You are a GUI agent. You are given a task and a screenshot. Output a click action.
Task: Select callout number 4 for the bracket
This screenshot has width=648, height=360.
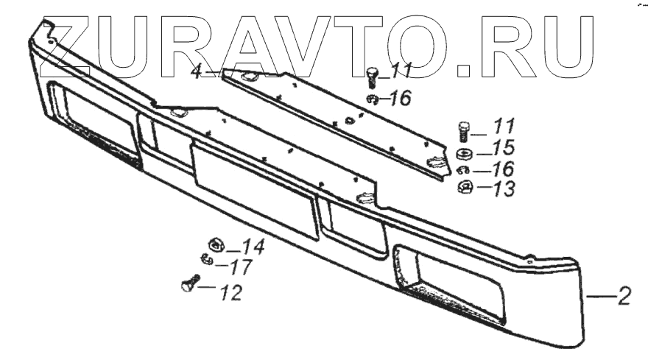click(x=196, y=71)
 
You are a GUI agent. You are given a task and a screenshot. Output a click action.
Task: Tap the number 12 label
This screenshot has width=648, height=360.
click(x=230, y=292)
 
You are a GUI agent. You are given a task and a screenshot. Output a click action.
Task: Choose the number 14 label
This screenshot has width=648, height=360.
click(x=253, y=247)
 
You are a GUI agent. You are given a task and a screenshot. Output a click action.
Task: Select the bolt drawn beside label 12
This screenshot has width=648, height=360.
click(x=189, y=283)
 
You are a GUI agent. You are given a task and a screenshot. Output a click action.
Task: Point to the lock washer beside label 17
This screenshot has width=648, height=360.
click(x=206, y=258)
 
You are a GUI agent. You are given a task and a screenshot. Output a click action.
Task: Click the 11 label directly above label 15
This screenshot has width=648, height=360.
click(x=504, y=126)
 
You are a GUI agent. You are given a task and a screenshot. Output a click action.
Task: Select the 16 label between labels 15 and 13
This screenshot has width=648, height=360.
click(x=504, y=169)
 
